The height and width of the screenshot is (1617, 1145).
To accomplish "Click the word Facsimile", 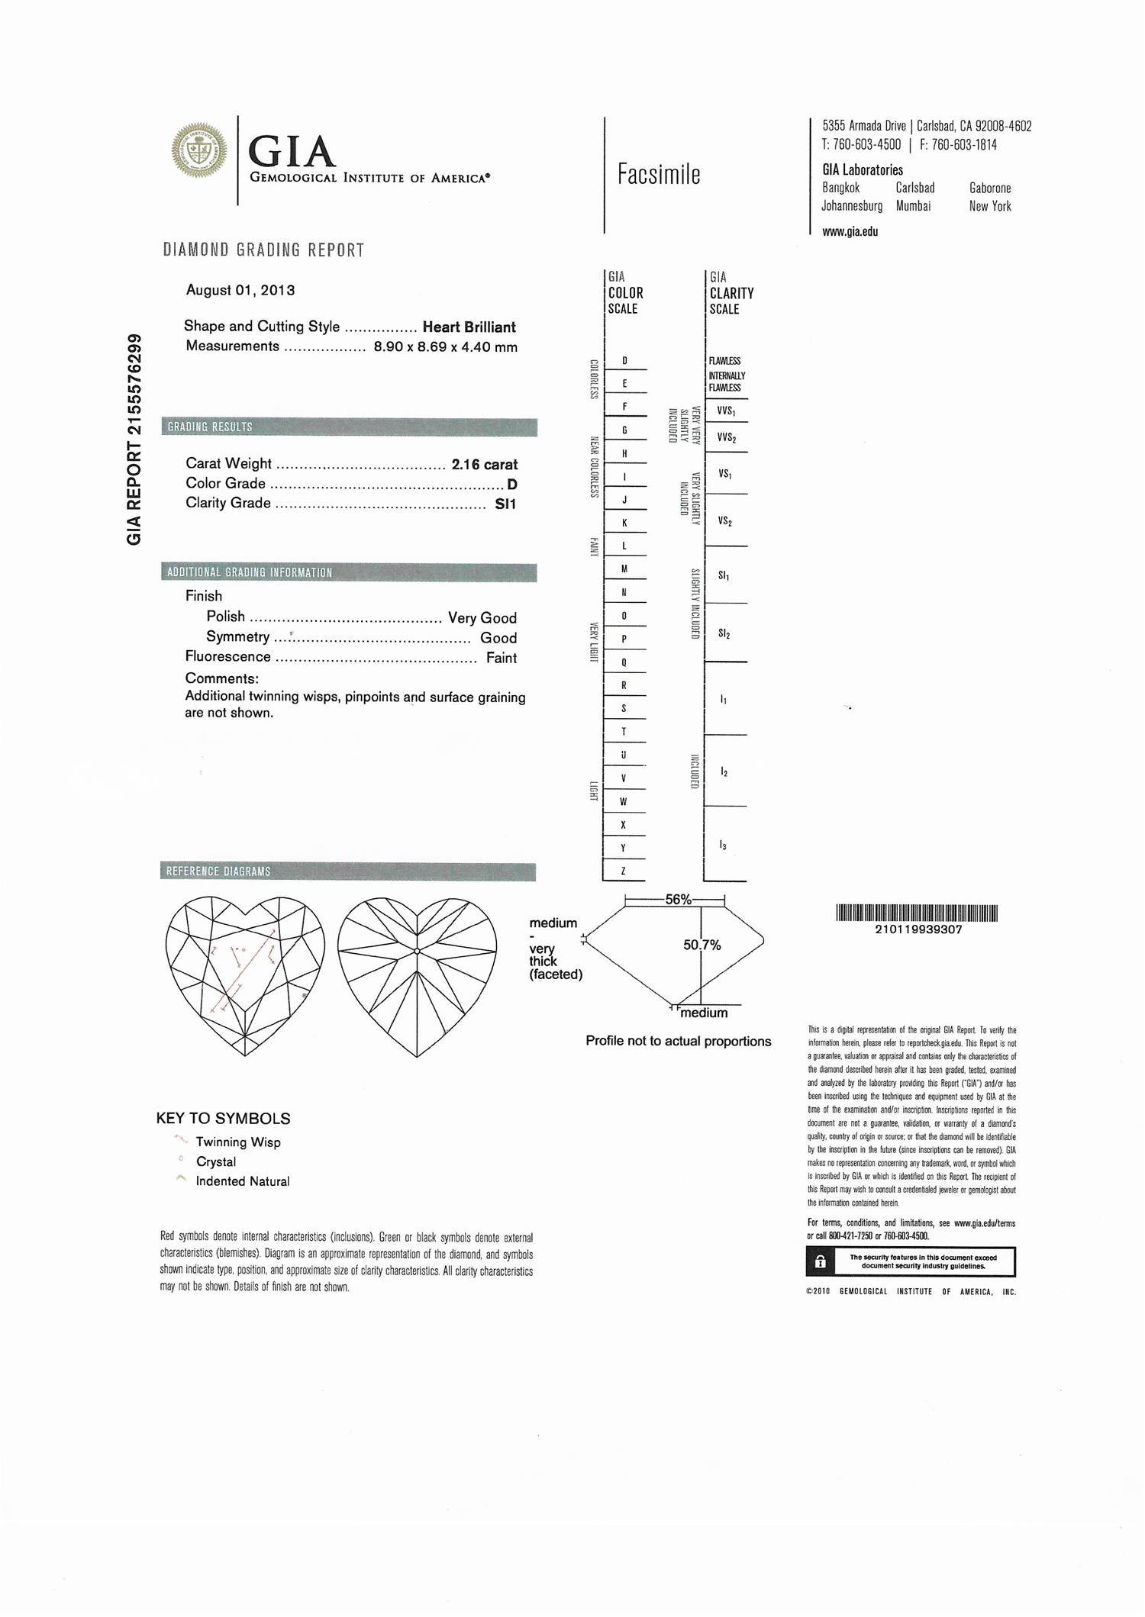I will point(659,175).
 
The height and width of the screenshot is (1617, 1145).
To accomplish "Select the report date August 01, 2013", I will point(240,290).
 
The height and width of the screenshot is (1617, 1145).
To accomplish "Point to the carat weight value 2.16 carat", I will point(485,464).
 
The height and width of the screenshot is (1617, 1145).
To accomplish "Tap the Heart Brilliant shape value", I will point(469,327).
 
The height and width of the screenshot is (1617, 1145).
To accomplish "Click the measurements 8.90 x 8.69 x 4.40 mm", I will point(445,347).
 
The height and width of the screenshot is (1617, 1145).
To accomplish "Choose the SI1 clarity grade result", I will point(505,504).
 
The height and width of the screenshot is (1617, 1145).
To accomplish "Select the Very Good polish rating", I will point(482,618).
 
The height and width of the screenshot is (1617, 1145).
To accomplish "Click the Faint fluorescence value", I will point(502,658).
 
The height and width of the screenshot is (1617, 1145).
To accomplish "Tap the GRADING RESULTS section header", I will point(210,427).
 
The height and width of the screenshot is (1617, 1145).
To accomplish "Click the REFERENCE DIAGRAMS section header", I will point(219,871).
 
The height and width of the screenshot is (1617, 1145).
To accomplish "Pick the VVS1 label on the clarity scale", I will point(726,411).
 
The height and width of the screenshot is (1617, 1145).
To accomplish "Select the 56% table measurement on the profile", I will point(678,900).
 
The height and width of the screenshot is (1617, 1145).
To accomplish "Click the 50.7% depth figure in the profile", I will point(702,945).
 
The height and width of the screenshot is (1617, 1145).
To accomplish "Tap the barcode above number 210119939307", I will point(917,913).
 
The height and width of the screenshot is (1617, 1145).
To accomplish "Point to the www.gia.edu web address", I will point(850,232).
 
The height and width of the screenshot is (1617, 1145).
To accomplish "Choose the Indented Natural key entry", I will point(243,1181).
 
